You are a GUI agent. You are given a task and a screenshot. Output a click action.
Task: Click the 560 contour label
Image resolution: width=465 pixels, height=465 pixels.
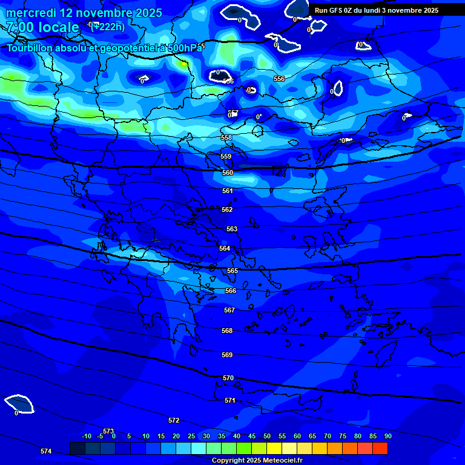[228, 173]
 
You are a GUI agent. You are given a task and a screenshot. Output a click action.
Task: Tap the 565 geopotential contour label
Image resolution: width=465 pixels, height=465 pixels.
[232, 271]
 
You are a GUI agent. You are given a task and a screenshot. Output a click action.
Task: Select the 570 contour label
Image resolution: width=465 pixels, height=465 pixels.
[228, 378]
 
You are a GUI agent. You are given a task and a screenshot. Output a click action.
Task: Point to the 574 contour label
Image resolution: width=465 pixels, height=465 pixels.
[46, 451]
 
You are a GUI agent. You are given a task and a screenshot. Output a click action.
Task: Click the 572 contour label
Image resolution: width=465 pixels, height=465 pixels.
[174, 420]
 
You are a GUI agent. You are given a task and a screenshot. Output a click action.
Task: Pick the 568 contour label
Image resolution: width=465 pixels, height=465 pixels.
[227, 331]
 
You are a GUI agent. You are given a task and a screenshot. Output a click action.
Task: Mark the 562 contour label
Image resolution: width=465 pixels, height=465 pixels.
[227, 209]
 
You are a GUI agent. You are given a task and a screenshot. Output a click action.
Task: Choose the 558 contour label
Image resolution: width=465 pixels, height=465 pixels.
[226, 137]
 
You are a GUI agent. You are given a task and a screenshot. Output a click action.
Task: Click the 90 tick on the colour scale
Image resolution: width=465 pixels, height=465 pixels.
[387, 436]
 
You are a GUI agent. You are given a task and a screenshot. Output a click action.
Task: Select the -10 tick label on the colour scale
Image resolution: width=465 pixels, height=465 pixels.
[86, 436]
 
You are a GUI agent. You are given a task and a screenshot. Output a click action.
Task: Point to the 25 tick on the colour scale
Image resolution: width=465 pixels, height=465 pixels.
[191, 436]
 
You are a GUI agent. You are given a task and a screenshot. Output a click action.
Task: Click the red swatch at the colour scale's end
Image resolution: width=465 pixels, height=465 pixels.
[380, 448]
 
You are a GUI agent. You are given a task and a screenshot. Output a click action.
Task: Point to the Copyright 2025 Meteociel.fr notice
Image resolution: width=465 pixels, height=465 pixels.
[257, 461]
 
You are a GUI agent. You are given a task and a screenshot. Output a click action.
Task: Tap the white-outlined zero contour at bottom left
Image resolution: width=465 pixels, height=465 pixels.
[19, 403]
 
